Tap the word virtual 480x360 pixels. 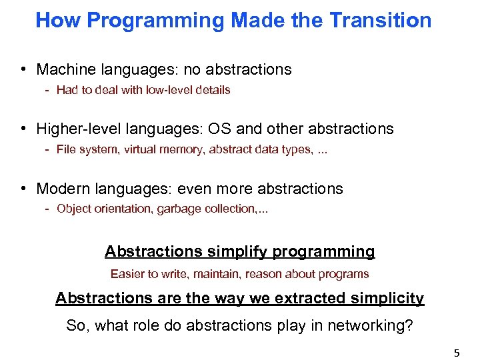138,149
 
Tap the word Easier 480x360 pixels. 127,274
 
